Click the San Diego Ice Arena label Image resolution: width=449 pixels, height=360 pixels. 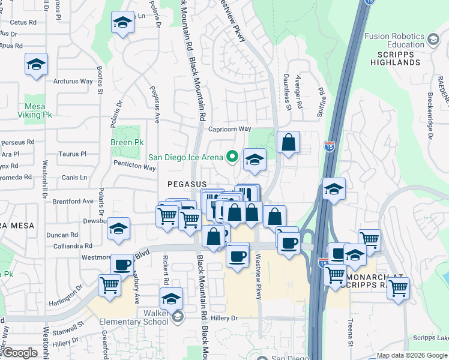pos(185,158)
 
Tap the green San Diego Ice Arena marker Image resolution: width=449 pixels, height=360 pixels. pos(232,158)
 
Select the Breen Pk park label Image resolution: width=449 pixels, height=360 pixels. pos(127,143)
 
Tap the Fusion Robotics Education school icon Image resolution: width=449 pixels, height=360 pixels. pos(433,40)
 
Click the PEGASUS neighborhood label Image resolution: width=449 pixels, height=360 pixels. pos(187,184)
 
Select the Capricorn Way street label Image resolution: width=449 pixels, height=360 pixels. pos(229,129)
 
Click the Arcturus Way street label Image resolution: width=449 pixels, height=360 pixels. pos(73,81)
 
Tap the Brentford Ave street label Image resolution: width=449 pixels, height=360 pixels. pos(73,201)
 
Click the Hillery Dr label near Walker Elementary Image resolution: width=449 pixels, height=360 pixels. pos(225,319)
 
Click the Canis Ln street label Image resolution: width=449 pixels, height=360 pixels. pos(74,178)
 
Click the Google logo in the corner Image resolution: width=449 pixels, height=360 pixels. pos(20,353)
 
